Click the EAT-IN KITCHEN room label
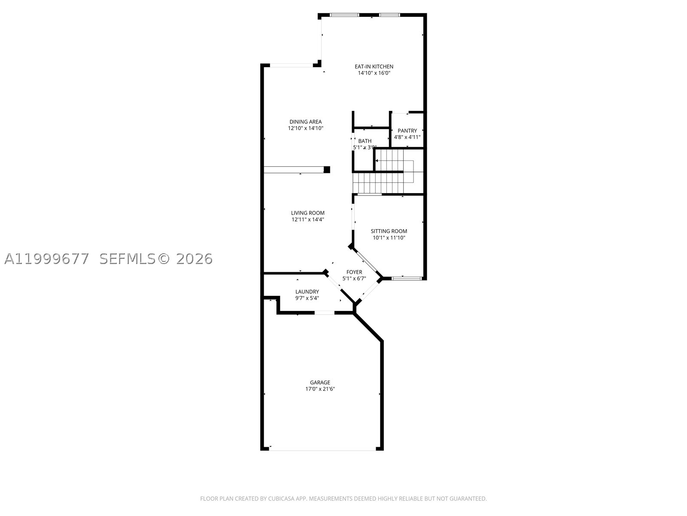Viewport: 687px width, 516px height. pos(374,66)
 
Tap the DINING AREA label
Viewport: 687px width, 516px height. pos(305,122)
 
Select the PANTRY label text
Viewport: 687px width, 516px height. pos(407,131)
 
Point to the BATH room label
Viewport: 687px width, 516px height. pos(365,141)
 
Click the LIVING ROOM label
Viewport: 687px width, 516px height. pos(308,213)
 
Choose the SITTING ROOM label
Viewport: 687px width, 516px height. pos(389,231)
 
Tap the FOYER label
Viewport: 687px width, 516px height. pos(354,272)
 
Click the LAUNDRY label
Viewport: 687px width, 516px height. pos(307,292)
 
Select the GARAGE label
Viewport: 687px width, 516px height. pos(320,382)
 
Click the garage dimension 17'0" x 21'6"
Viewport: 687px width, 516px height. pos(320,389)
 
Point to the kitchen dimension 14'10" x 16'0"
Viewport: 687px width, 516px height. pos(374,73)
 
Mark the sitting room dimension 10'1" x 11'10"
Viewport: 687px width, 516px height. pos(389,238)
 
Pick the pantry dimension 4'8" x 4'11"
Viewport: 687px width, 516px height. pos(407,137)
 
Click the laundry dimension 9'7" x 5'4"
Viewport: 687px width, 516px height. pos(307,298)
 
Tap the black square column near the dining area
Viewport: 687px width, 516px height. pos(327,169)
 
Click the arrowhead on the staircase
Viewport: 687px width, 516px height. pos(377,161)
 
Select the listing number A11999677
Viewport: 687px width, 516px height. pos(47,259)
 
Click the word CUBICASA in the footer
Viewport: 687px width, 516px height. pos(281,498)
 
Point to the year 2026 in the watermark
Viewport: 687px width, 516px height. pos(195,259)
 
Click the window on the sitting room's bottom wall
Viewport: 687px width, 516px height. pos(407,278)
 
